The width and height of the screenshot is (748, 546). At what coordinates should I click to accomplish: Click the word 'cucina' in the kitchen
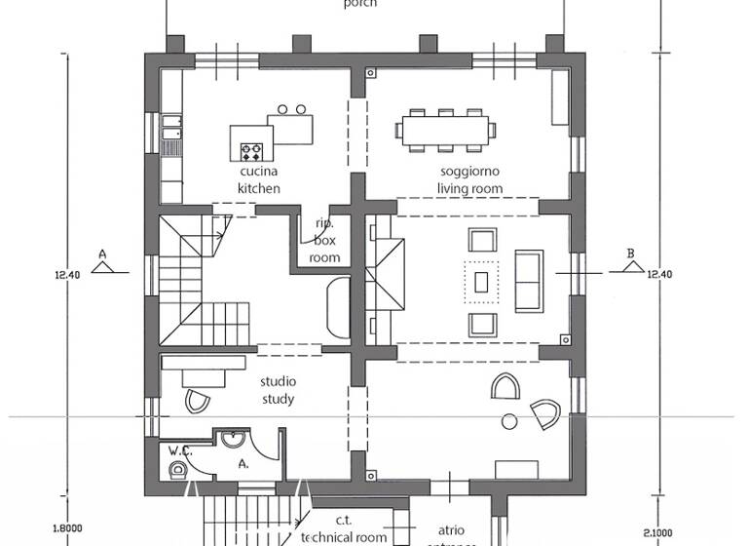(259, 173)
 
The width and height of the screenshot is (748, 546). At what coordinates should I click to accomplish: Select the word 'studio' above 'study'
(278, 381)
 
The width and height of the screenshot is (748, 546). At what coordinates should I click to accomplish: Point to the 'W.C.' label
(179, 451)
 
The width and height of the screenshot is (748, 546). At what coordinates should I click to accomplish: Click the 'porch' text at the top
(359, 4)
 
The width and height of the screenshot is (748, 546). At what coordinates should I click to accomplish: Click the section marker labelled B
(631, 256)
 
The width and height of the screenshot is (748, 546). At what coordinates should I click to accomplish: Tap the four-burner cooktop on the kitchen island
(252, 151)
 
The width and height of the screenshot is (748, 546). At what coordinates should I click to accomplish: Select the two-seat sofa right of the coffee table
(529, 280)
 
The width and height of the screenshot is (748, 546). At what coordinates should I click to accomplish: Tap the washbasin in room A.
(233, 440)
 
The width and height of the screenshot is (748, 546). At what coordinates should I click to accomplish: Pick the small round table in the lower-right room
(508, 421)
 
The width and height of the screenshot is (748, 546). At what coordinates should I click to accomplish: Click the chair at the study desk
(195, 402)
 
